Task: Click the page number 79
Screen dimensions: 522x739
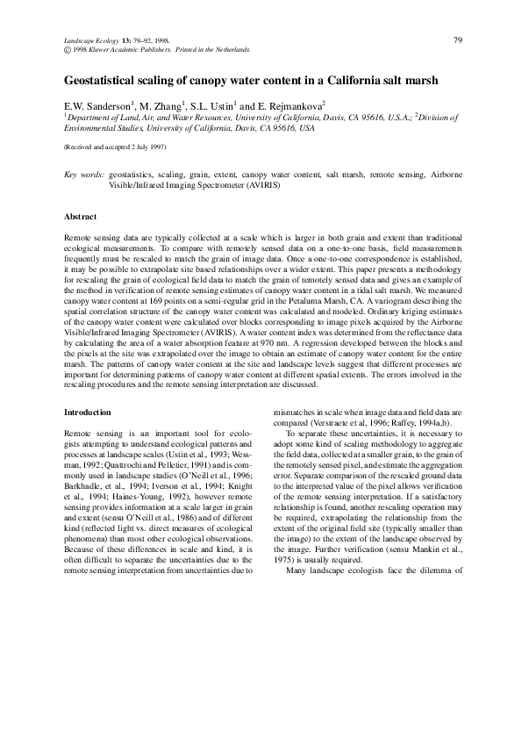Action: click(x=458, y=39)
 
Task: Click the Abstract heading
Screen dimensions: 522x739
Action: click(x=81, y=216)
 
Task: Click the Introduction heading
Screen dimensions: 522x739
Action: click(x=88, y=412)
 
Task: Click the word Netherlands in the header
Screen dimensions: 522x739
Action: click(x=232, y=50)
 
